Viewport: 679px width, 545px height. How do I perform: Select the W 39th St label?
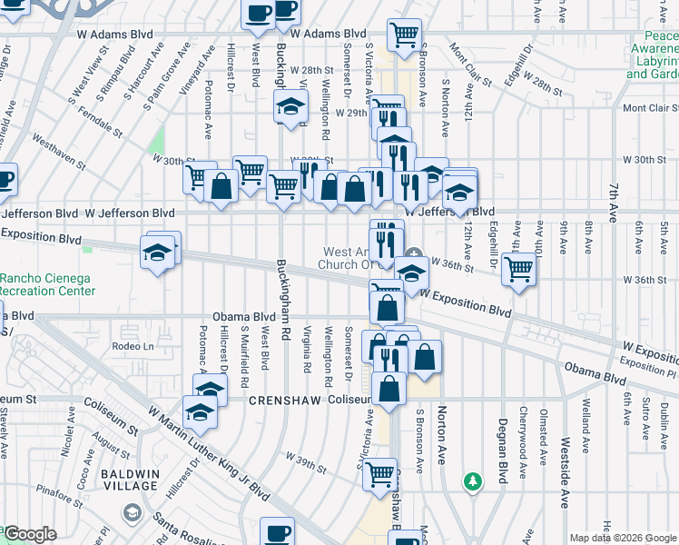(305, 461)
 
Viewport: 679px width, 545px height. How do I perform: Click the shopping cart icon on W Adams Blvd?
(404, 35)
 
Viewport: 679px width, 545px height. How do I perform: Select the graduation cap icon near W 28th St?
(291, 106)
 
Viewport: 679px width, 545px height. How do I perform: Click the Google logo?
(30, 534)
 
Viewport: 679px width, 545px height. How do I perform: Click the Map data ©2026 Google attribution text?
(623, 538)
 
